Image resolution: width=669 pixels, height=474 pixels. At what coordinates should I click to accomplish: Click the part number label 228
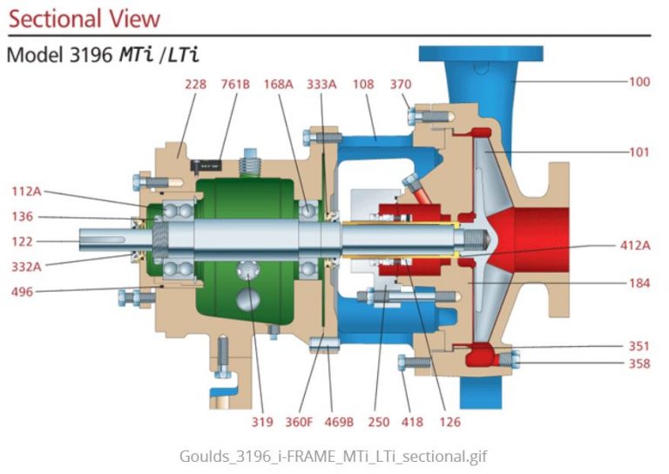194,85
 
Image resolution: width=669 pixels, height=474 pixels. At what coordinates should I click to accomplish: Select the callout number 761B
234,85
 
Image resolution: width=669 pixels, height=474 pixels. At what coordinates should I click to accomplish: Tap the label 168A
279,85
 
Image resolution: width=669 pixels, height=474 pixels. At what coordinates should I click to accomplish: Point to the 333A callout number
321,85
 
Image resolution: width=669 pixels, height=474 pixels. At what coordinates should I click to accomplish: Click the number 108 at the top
363,85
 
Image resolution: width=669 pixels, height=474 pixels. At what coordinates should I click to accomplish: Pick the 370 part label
401,85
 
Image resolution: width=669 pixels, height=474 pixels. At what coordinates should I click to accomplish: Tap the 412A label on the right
635,246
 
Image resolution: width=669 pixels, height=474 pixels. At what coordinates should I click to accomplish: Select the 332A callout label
27,266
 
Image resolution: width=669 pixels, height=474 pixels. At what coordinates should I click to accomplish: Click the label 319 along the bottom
262,423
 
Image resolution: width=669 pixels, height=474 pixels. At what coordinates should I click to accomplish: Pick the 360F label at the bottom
299,423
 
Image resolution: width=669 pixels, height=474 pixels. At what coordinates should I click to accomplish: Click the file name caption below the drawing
334,455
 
